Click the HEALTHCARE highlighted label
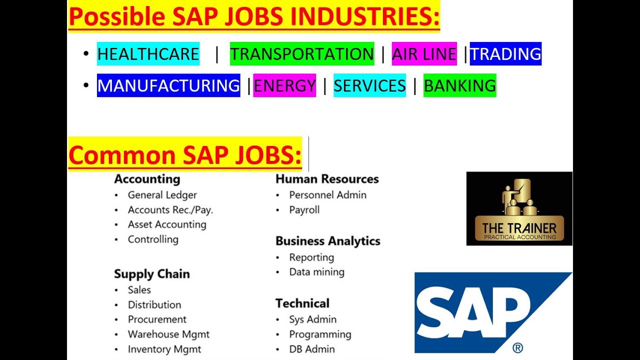click(x=148, y=54)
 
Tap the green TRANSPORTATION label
click(x=302, y=54)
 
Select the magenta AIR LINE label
click(x=424, y=54)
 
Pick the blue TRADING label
click(x=505, y=54)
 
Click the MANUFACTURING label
click(x=168, y=85)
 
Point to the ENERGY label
click(x=284, y=85)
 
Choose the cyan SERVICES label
click(x=369, y=85)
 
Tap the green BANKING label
click(x=459, y=85)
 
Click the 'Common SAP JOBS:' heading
click(x=185, y=155)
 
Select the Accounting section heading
click(x=147, y=179)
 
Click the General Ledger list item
click(x=162, y=195)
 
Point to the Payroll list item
click(x=304, y=210)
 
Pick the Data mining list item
click(x=316, y=272)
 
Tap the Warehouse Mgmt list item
click(x=168, y=334)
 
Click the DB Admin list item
click(x=311, y=349)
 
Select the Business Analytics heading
click(x=327, y=241)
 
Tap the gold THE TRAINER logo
click(x=519, y=209)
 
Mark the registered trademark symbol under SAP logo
click(x=517, y=347)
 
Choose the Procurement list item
click(x=157, y=319)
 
